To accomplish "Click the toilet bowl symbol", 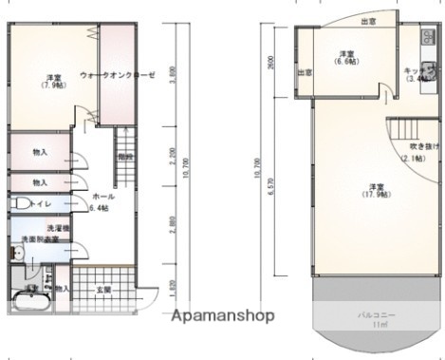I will tap(21, 204).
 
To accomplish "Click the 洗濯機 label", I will tap(58, 230).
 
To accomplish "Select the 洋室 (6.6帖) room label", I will tap(346, 57).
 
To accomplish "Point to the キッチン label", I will tap(417, 74).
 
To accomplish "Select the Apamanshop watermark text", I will tap(222, 315).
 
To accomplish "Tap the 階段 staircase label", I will tap(125, 157).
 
